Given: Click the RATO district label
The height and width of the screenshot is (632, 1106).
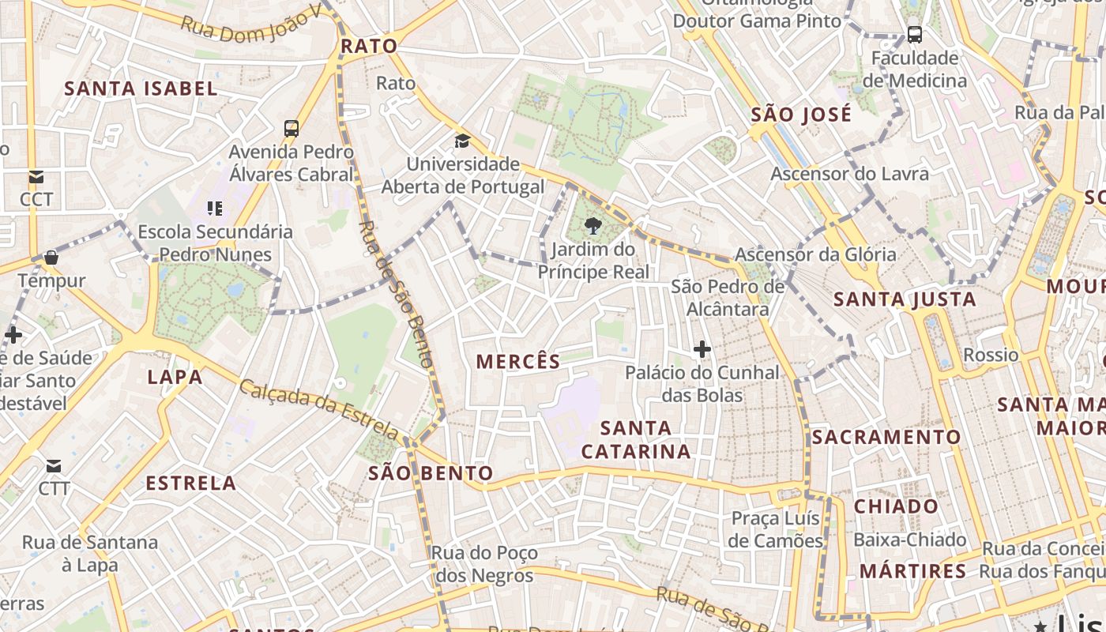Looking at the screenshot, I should coord(369,47).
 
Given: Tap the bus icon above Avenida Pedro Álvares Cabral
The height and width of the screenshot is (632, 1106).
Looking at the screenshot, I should coord(292,128).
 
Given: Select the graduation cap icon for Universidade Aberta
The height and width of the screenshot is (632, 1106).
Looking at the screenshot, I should coord(462,141).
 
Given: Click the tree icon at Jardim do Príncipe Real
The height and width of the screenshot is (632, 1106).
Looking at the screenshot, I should coord(592,227).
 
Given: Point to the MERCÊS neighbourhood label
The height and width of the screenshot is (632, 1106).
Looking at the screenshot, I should coord(518,362).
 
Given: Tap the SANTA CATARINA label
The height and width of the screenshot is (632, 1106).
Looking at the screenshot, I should coord(636,440).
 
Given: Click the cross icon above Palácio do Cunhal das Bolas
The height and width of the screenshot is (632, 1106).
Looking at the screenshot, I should coord(702,348).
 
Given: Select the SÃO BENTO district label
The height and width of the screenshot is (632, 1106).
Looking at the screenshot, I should coord(431,473).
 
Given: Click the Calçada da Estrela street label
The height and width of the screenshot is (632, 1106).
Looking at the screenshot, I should coord(320,408).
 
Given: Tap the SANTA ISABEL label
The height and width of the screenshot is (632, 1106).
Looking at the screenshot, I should coord(141,88).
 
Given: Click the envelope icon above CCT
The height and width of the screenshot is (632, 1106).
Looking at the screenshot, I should coord(36,176).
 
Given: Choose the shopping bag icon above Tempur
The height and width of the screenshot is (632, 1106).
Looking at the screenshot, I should coord(51,258).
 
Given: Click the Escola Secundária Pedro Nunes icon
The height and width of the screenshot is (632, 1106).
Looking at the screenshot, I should coord(215,209).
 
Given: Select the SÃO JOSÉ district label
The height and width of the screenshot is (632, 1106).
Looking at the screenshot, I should coord(801,115).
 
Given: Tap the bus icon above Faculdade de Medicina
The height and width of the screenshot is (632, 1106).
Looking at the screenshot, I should coord(914,35).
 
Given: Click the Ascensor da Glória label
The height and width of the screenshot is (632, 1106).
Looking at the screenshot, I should coord(815,254).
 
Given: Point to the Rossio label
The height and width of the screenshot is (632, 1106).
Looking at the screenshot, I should coord(991,355).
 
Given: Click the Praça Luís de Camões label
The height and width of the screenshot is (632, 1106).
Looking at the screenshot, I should coord(777,529).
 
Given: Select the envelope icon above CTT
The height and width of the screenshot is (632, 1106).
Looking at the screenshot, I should coord(54,466).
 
